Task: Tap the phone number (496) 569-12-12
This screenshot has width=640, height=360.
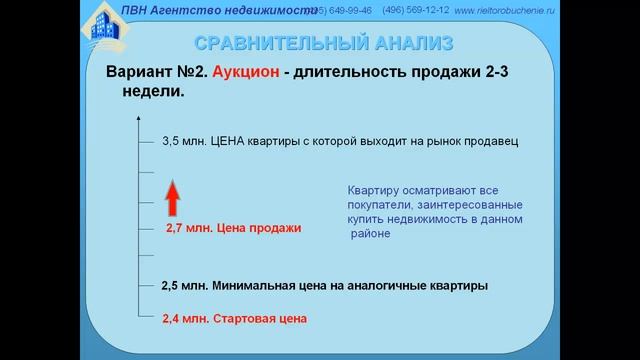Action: point(415,10)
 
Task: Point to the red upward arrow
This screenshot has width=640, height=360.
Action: point(170,194)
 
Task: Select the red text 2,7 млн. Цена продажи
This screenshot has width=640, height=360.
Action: point(232,228)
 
